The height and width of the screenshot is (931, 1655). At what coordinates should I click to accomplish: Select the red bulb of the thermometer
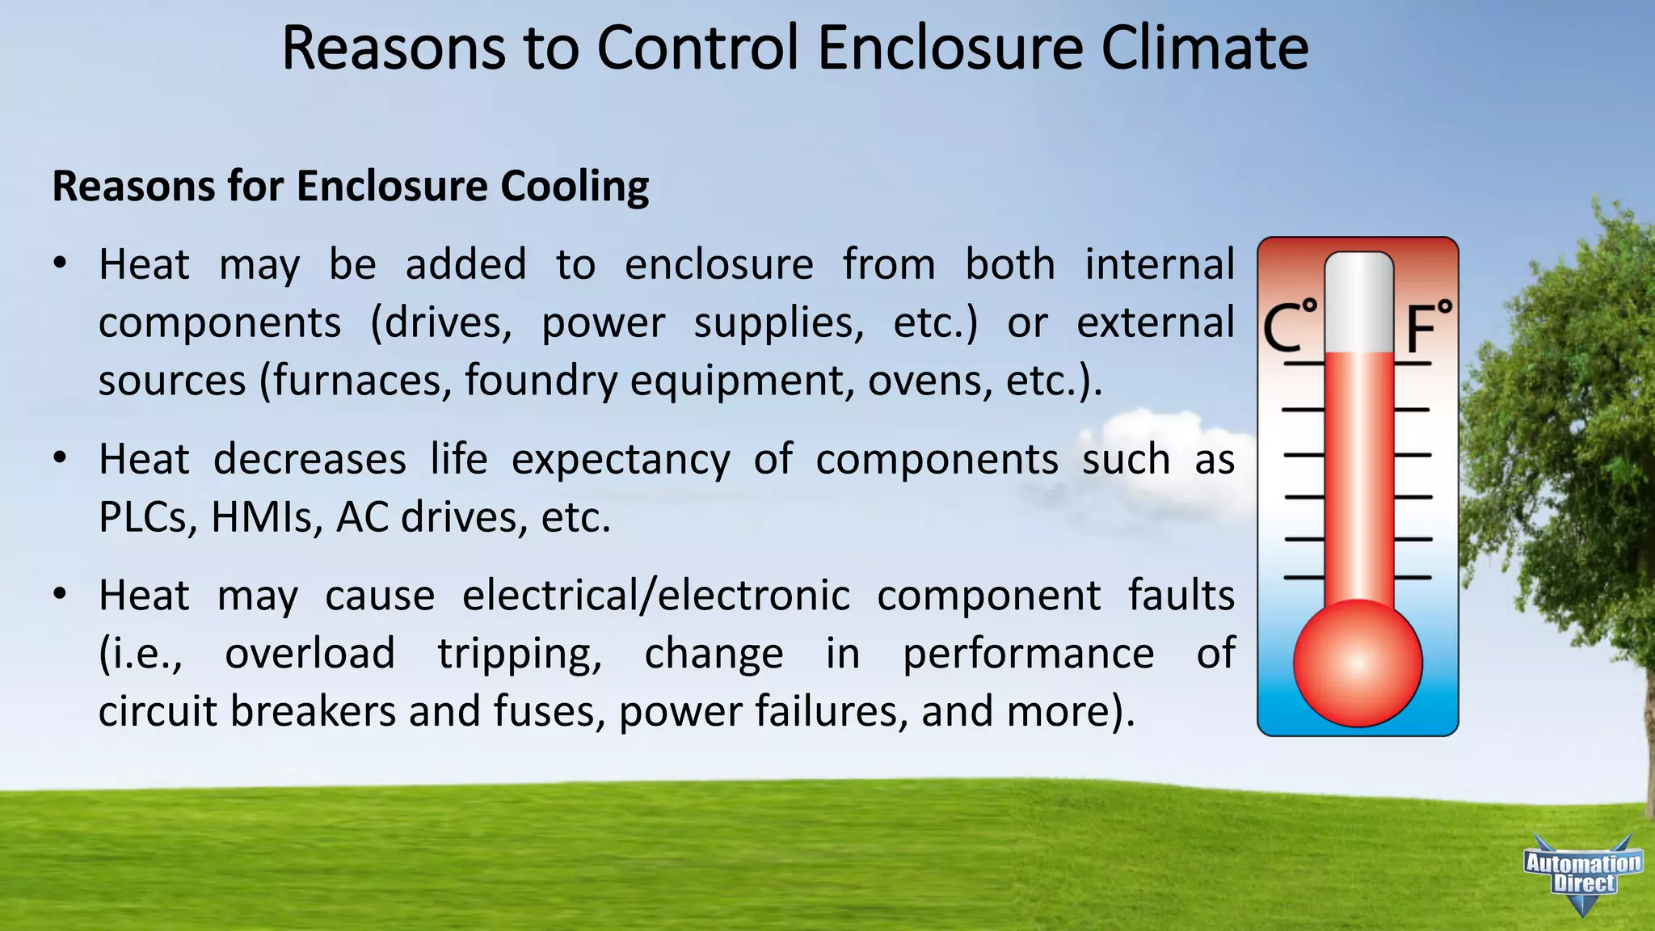tap(1358, 663)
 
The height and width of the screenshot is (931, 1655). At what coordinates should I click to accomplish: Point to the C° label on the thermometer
tap(1291, 327)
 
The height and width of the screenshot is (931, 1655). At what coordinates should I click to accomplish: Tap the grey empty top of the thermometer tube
tap(1359, 303)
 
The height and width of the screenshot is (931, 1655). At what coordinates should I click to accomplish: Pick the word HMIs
tap(262, 517)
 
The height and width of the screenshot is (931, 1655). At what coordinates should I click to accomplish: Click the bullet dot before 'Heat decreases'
tap(60, 459)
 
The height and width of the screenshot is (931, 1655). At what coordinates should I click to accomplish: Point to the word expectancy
tap(621, 460)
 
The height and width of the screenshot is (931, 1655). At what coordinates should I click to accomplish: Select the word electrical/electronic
tap(655, 596)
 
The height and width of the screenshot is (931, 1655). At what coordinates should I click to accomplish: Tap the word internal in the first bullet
tap(1159, 265)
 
